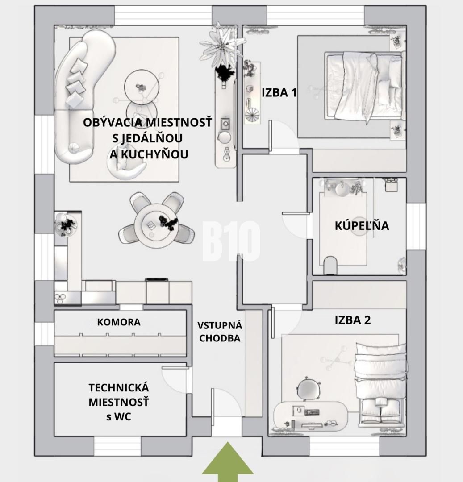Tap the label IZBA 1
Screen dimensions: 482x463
279,93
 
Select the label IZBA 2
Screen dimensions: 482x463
352,320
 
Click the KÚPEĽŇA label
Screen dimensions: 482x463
362,226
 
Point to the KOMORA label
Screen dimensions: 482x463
119,322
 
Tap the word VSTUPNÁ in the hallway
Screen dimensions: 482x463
219,325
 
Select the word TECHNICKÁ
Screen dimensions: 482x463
118,387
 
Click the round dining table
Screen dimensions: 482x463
157,225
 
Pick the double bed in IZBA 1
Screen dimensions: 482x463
364,86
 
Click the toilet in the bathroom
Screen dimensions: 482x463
331,265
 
